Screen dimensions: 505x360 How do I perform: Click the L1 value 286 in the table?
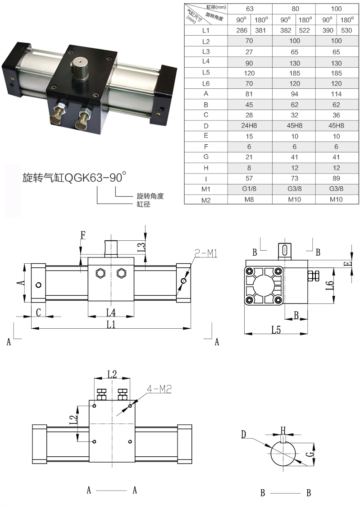(x=239, y=31)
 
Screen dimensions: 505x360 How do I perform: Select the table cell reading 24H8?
(x=250, y=125)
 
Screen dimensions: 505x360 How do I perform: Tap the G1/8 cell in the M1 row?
(x=250, y=189)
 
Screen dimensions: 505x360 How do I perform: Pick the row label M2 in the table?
(x=206, y=200)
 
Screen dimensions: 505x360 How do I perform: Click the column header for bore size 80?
(x=294, y=9)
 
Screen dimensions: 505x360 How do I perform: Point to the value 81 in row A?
(x=250, y=94)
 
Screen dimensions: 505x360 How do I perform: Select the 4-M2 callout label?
(x=160, y=388)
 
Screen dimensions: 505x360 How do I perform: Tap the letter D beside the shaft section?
(x=244, y=435)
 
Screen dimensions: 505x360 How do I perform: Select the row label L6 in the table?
(x=206, y=83)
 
